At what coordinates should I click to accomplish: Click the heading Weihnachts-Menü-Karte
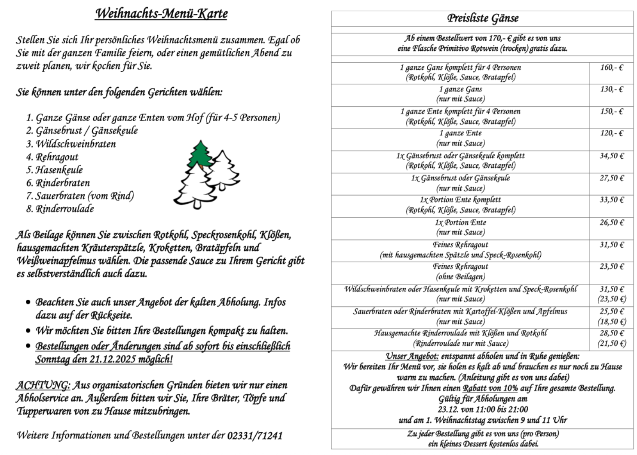161,14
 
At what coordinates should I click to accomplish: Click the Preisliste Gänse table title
482,18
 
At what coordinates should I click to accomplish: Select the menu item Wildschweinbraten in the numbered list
75,144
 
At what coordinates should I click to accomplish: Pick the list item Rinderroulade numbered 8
64,209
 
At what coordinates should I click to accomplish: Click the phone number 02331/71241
254,435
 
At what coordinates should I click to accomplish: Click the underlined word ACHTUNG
43,385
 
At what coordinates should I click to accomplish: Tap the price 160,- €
611,68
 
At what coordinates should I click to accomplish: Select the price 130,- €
611,89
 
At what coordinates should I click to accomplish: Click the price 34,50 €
611,156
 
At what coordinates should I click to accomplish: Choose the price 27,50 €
611,178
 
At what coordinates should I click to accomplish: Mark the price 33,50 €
611,200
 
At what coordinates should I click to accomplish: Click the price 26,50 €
611,222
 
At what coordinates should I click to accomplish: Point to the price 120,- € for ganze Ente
611,133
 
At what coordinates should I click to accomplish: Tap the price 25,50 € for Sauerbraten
611,311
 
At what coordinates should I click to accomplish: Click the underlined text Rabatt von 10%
490,388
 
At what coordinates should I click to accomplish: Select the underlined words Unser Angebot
412,356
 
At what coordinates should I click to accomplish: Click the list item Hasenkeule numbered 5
59,170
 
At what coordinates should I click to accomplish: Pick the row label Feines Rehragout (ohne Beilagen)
460,271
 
